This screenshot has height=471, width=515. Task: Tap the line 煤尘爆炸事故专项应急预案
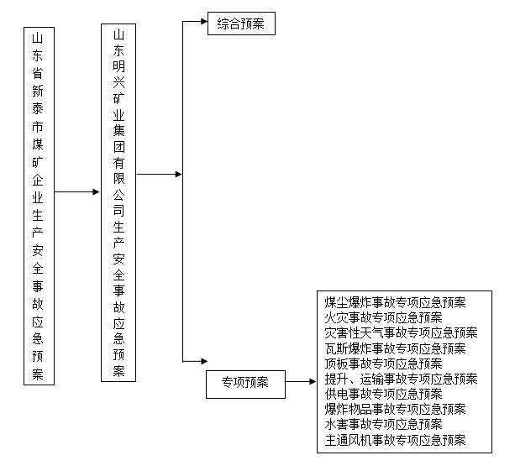point(395,302)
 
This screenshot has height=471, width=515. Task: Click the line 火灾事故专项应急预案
point(383,317)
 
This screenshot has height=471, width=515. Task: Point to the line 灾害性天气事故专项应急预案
point(401,332)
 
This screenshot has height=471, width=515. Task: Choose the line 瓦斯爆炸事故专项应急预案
point(395,348)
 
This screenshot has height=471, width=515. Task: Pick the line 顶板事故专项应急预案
point(383,364)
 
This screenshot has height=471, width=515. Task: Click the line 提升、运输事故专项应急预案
point(401,379)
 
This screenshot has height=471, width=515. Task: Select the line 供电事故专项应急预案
point(383,394)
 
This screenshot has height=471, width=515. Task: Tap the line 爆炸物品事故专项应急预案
point(395,409)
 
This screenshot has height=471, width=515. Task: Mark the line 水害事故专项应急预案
point(383,424)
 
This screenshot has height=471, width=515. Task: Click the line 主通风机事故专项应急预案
point(395,440)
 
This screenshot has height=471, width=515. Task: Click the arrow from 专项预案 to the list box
point(301,381)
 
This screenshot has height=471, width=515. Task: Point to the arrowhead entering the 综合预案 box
point(204,21)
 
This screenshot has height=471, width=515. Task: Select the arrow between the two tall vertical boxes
point(76,191)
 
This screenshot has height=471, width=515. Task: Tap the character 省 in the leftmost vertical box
point(38,73)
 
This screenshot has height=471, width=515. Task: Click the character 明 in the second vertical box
point(118,66)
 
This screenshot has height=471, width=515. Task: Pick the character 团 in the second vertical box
point(118,147)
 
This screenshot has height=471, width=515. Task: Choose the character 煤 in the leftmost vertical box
point(38,144)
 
